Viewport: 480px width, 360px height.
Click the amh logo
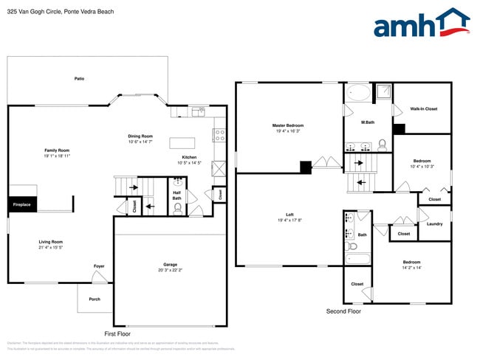421,24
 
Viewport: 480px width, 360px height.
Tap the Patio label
79,78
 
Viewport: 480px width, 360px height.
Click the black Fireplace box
21,204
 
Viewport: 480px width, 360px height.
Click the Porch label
95,299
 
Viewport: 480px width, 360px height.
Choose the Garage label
170,265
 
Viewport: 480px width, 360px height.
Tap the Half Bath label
177,195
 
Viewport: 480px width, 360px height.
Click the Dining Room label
140,136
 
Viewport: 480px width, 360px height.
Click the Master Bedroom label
288,125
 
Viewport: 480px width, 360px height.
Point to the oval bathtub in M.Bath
360,94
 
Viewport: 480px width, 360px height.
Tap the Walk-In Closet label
424,108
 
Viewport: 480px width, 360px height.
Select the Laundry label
435,224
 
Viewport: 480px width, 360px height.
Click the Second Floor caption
343,311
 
